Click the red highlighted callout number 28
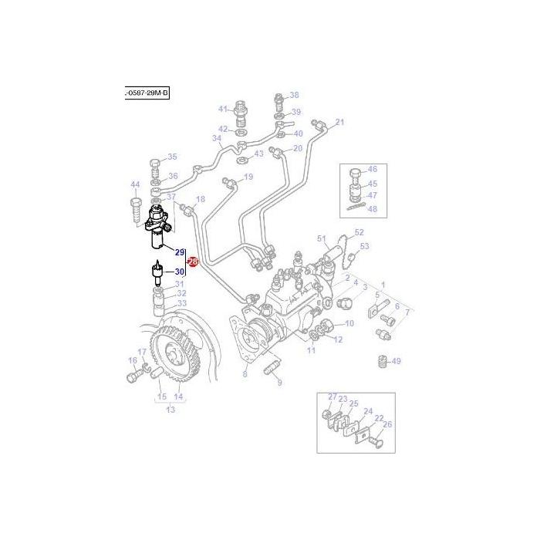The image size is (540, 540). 193,262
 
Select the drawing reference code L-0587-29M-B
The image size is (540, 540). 146,93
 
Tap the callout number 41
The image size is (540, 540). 223,109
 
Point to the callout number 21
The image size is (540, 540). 340,122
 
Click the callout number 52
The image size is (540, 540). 359,232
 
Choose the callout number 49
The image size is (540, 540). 396,361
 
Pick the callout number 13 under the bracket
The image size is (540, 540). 170,410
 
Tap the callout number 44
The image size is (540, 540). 135,184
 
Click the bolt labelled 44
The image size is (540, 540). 137,209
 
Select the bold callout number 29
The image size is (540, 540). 180,252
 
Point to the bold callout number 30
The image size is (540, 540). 180,271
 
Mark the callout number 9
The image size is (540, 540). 279,382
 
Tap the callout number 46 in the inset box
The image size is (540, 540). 372,170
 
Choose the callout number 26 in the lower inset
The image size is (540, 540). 387,424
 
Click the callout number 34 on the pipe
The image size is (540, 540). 218,140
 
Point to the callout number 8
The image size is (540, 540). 245,374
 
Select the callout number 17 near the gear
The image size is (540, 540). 142,353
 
